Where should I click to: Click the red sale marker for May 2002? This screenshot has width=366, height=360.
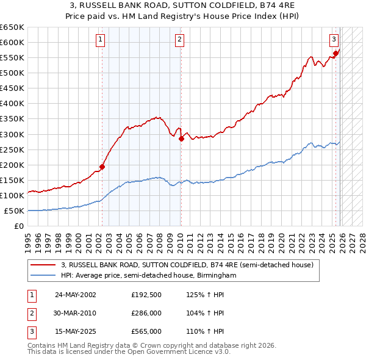(x=102, y=167)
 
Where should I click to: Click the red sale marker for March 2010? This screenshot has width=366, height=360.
(x=181, y=139)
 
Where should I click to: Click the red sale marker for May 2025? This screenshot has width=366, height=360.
(x=335, y=54)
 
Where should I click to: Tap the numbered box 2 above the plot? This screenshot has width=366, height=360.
(x=180, y=40)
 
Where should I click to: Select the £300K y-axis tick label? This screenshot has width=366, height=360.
(x=12, y=134)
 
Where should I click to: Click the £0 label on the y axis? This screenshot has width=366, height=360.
(x=18, y=226)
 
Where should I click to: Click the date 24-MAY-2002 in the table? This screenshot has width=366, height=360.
(x=76, y=295)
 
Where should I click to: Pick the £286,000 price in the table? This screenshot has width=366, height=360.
(x=147, y=314)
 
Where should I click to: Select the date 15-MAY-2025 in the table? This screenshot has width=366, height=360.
(x=76, y=333)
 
